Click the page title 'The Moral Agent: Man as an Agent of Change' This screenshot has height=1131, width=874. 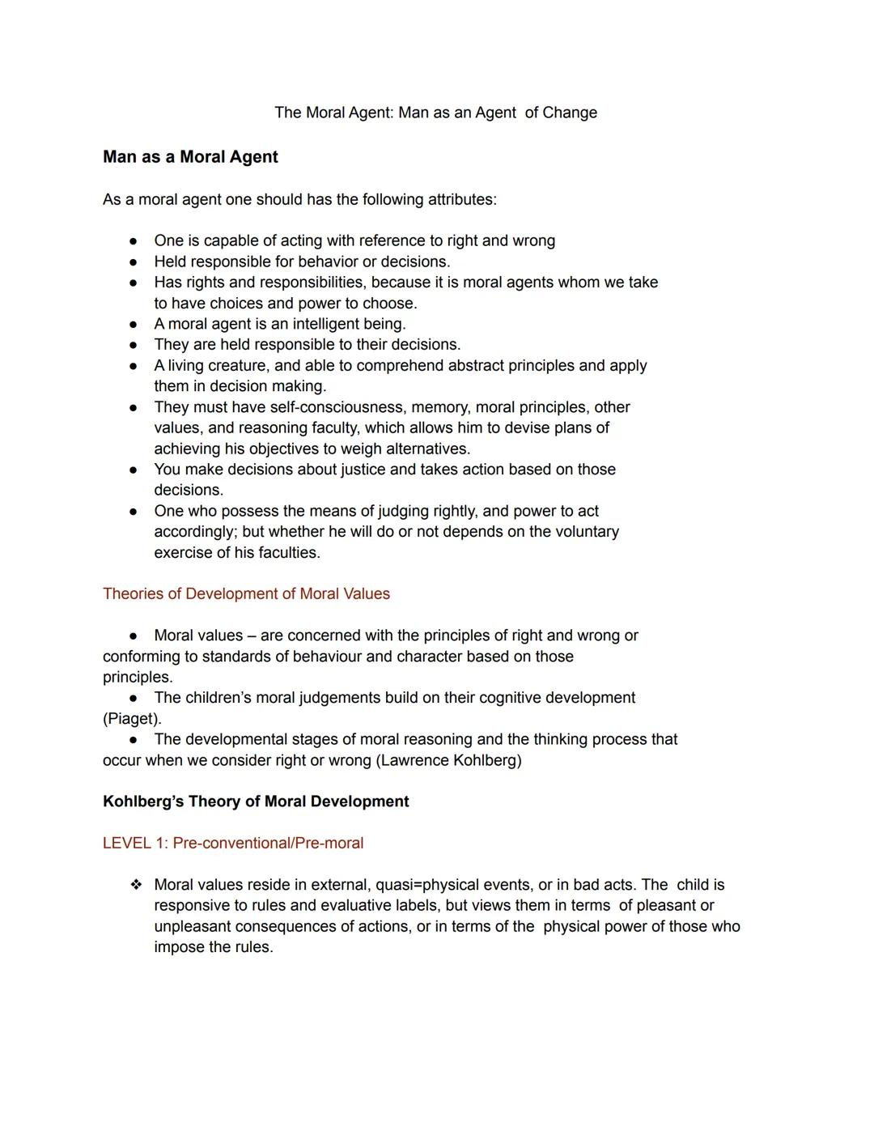tap(435, 113)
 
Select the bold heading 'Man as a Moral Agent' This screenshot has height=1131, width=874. tap(190, 157)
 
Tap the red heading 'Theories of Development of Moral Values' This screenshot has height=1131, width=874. tap(246, 593)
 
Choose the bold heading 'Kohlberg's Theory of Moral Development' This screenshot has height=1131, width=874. tap(256, 801)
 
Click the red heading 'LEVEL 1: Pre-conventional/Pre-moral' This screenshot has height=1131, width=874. tap(233, 843)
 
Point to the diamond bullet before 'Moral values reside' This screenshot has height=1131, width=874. tap(136, 885)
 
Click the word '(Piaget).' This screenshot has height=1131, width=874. tap(132, 718)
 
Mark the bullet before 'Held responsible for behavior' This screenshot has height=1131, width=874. tap(133, 261)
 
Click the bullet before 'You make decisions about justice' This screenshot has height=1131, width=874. tap(133, 470)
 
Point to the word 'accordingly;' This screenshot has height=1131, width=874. tap(195, 532)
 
